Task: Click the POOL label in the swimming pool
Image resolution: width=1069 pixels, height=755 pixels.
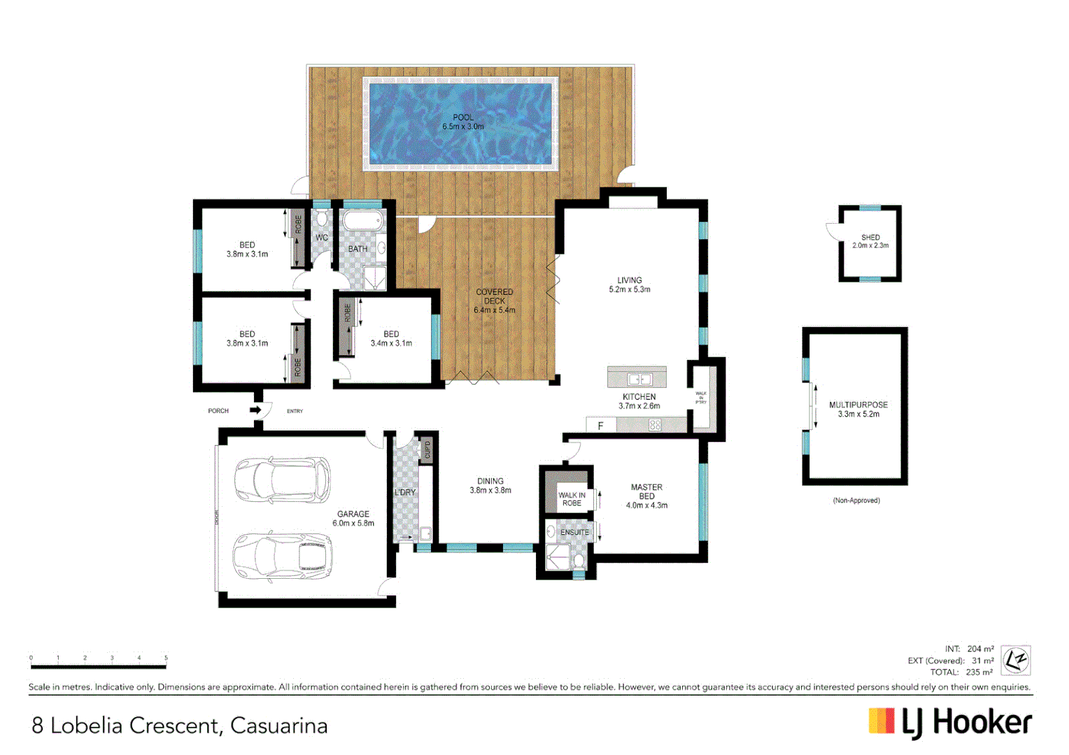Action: coord(462,117)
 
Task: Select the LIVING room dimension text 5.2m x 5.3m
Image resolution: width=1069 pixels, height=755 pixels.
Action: coord(629,289)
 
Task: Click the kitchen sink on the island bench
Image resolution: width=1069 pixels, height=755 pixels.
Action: coord(639,380)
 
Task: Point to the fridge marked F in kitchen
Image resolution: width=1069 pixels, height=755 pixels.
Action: coord(600,425)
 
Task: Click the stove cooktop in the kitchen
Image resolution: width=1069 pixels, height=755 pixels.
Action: coord(655,425)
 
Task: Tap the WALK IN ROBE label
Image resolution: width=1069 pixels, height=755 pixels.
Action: coord(572,499)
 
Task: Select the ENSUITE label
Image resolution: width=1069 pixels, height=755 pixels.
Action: coord(574,533)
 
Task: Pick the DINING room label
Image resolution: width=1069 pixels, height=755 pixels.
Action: coord(490,481)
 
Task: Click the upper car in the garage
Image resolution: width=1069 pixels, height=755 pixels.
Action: coord(282,480)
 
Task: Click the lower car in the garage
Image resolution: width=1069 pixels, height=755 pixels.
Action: coord(282,557)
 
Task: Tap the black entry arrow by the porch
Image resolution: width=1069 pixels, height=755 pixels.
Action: coord(255,410)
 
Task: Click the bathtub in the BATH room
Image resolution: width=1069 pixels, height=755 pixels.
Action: coord(362,222)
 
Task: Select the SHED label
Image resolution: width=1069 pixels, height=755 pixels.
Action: coord(870,238)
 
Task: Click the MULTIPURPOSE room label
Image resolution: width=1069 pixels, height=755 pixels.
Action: coord(858,405)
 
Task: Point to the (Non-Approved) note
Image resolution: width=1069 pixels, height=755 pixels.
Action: coord(856,501)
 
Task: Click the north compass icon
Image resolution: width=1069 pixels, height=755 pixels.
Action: coord(1015,660)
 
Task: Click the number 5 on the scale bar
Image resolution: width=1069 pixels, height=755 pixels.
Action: coord(166,658)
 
